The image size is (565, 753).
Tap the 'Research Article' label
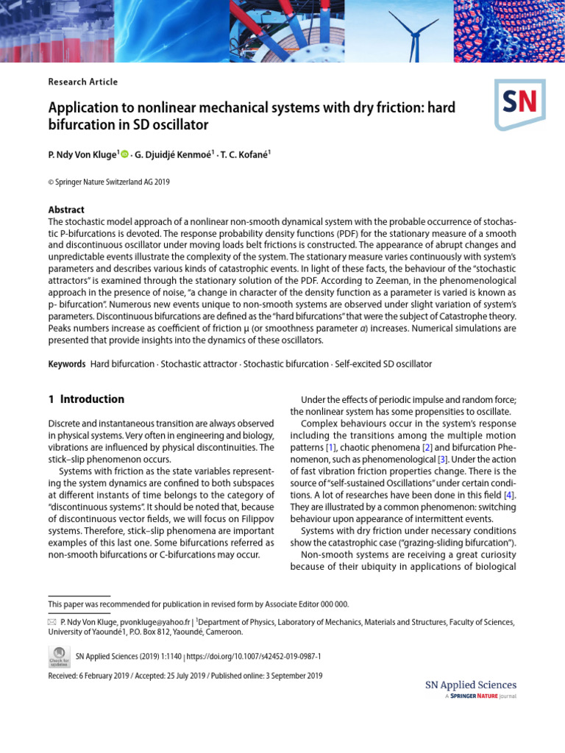click(x=82, y=82)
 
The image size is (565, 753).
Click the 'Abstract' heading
click(x=66, y=210)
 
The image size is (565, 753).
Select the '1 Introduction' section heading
click(x=86, y=399)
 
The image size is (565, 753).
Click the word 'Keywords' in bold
click(x=66, y=364)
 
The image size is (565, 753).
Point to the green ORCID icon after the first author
click(x=124, y=154)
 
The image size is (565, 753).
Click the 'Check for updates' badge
click(x=59, y=655)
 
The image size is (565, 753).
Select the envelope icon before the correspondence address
click(x=52, y=622)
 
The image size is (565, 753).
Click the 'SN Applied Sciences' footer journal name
click(x=471, y=685)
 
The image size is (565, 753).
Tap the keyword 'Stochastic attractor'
click(x=199, y=364)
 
